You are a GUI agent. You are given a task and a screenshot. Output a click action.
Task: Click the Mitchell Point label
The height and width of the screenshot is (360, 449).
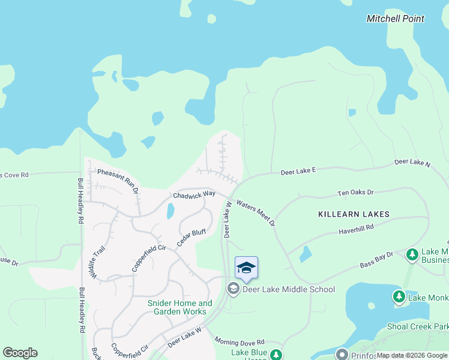pos(395,19)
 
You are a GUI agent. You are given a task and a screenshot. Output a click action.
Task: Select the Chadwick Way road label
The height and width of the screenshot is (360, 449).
pos(194,195)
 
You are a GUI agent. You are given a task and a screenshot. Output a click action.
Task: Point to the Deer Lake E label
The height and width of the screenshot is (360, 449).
pos(298,172)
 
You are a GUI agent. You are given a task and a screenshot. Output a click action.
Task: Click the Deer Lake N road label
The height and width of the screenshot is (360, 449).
pos(412,163)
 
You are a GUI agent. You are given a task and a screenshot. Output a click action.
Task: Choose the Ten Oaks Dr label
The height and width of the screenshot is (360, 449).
pos(355,193)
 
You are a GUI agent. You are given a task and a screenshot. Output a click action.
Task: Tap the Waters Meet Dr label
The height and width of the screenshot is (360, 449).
pos(256,213)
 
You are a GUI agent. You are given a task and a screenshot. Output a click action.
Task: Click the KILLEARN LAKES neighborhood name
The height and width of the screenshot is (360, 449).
pos(354,214)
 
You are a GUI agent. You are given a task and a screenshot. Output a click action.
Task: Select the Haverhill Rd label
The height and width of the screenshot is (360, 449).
pos(356,228)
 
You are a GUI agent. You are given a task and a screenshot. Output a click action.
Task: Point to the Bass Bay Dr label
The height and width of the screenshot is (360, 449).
pos(376,259)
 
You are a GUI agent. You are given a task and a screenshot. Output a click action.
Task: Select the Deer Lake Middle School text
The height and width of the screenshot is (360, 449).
pos(288,290)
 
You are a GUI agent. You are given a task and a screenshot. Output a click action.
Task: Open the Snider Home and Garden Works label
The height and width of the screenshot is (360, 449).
pos(180,307)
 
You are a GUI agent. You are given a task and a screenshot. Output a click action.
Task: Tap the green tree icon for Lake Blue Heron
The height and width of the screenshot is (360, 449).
pos(276,355)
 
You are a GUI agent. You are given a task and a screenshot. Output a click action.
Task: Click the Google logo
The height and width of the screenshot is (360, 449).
pos(20,353)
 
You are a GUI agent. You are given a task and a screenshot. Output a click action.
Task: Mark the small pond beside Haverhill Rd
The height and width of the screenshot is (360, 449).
pos(305,254)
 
